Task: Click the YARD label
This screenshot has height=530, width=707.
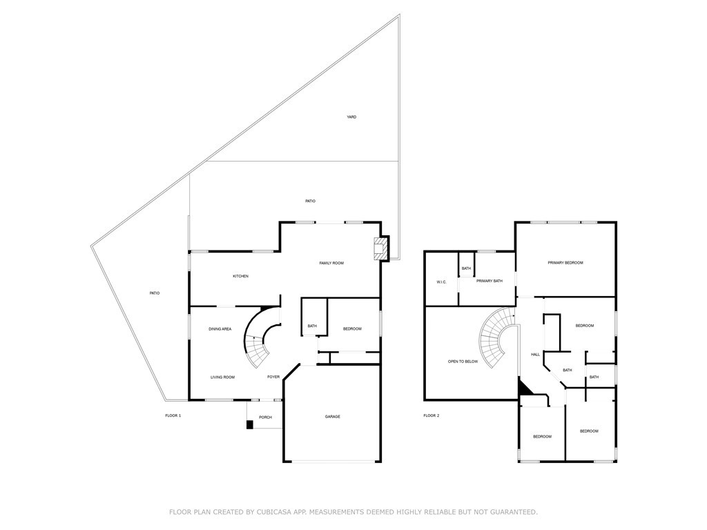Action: tap(351, 117)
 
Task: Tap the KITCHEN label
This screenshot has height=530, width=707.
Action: tap(240, 276)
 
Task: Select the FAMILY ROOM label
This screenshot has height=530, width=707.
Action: tap(331, 263)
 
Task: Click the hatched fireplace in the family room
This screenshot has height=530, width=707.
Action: tap(381, 249)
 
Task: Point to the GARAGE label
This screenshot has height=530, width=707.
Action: tap(332, 417)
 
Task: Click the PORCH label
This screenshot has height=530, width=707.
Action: tap(266, 418)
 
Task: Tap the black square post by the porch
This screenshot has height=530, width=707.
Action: tap(249, 424)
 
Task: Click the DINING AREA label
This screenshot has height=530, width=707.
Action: tap(220, 329)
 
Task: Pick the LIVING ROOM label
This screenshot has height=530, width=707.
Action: tap(223, 377)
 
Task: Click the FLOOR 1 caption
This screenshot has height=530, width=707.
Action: tap(173, 415)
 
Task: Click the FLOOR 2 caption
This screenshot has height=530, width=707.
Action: tap(431, 415)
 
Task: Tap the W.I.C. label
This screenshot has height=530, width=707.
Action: tap(441, 282)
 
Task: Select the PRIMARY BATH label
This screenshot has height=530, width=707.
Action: tap(490, 282)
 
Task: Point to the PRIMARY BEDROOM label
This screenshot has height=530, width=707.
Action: tap(565, 263)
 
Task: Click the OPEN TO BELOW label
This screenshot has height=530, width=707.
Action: tap(463, 362)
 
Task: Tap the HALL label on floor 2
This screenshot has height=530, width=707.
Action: tap(535, 355)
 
